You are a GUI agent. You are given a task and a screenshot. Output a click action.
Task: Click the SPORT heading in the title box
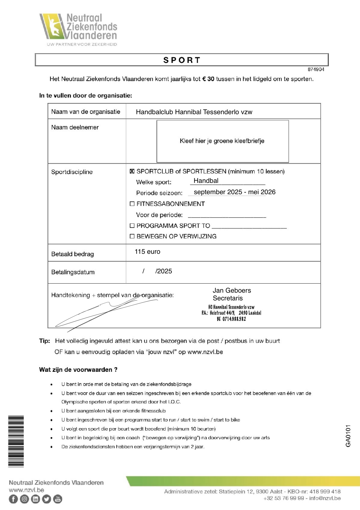(182, 60)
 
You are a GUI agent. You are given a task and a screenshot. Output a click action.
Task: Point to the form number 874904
(316, 70)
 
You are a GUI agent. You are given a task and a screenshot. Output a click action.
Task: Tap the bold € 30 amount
(208, 79)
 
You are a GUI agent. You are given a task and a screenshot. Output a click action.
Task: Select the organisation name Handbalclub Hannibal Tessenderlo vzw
(194, 112)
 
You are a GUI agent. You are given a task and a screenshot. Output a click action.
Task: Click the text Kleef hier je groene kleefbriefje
(222, 141)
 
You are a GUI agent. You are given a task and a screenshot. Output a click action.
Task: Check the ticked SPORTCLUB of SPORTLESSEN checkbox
(132, 172)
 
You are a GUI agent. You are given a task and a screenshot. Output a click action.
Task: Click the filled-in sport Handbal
(206, 181)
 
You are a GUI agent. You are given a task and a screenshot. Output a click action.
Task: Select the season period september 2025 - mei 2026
(234, 192)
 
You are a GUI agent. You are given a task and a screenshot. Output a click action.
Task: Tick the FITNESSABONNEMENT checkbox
(132, 204)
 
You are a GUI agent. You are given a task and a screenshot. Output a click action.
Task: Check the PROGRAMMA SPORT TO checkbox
(132, 226)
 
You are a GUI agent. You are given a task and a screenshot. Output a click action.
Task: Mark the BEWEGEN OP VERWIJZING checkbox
(132, 236)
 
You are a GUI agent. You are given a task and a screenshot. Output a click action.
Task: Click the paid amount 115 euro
(147, 252)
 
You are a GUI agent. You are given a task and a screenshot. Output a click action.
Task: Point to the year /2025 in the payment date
(164, 271)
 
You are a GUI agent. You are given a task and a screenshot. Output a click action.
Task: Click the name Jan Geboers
(232, 290)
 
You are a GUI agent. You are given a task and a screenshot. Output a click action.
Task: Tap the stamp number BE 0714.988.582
(231, 319)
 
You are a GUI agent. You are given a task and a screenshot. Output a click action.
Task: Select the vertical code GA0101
(348, 436)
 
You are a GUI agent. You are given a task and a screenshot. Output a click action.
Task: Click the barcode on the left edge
(16, 441)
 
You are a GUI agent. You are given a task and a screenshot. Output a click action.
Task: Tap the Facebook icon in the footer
(13, 499)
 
